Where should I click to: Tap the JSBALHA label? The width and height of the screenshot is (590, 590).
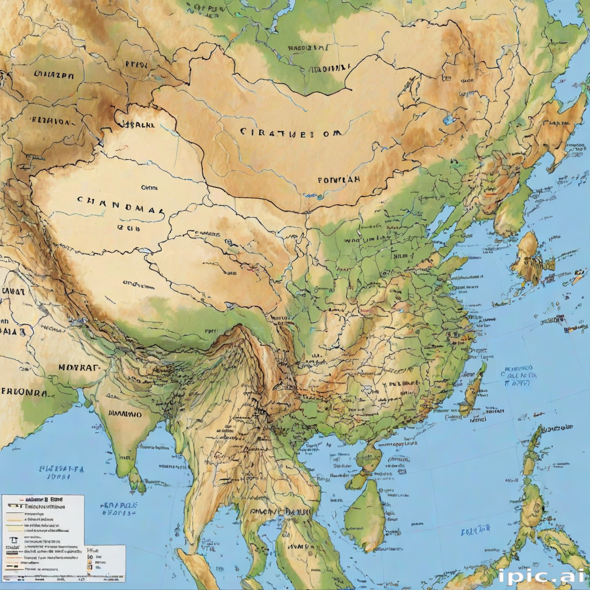coord(137,123)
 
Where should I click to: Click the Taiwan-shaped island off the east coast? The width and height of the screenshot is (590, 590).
coord(474,386)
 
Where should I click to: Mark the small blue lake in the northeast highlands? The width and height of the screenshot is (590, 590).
coord(448,120)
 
